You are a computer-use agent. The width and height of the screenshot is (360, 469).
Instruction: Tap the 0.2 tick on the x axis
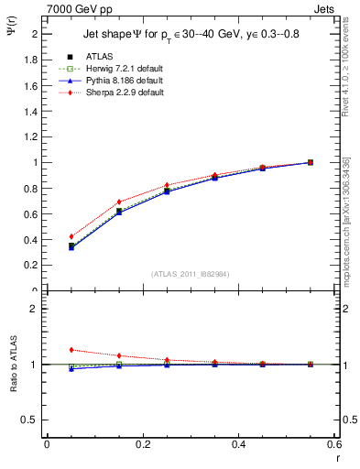143,444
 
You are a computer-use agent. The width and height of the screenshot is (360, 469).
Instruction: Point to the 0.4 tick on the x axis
238,444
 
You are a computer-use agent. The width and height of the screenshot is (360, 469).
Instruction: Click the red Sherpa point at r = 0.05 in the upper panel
71,236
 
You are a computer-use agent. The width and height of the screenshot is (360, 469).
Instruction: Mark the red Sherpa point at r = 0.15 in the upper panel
119,202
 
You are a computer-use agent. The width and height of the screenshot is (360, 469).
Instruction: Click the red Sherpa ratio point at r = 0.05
71,350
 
